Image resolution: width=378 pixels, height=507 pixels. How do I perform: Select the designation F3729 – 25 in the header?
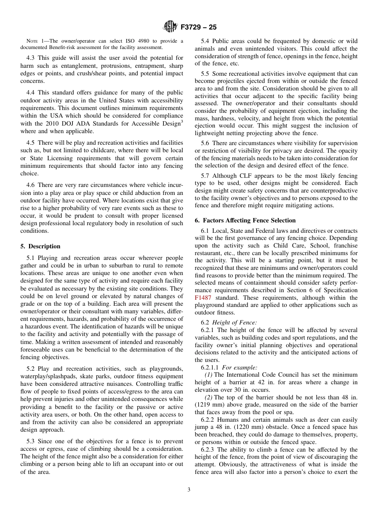[199, 28]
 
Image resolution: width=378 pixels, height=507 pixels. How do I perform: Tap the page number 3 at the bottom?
[189, 489]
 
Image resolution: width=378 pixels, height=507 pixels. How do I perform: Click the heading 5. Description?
[40, 246]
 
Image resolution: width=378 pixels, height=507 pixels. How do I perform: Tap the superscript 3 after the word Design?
[182, 121]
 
